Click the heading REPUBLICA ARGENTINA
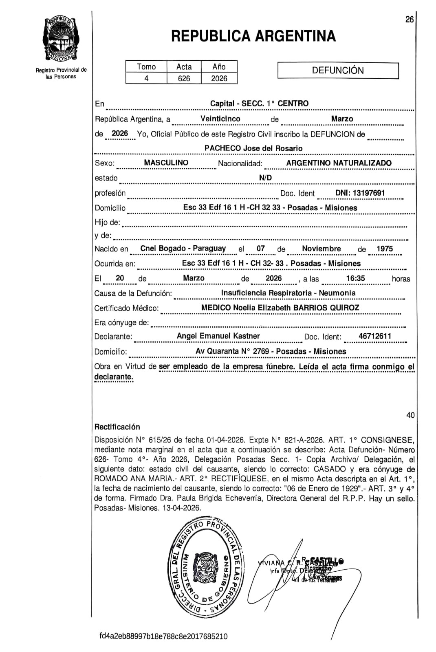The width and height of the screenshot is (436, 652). click(x=253, y=36)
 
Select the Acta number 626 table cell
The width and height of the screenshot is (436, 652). click(x=184, y=78)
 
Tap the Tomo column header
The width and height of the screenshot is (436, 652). click(x=146, y=67)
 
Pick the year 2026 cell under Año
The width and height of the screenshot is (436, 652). click(x=219, y=78)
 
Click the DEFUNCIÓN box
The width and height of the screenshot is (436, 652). click(x=338, y=70)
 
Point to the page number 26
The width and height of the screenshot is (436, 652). click(x=410, y=19)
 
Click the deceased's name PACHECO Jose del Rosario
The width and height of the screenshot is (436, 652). click(x=253, y=148)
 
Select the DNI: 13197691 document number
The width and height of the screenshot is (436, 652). click(x=360, y=193)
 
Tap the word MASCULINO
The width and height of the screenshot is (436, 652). click(x=166, y=163)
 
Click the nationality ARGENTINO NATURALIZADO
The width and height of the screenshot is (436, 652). click(x=339, y=163)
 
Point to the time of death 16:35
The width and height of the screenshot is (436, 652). click(x=355, y=278)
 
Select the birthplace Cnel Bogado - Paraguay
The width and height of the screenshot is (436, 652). click(x=183, y=248)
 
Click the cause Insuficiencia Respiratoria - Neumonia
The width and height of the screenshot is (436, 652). click(x=288, y=293)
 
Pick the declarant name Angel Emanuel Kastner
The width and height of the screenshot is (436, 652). click(x=218, y=336)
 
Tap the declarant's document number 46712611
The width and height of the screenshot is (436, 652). click(x=375, y=336)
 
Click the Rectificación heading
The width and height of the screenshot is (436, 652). click(x=117, y=427)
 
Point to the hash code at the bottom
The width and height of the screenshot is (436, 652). click(x=163, y=637)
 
